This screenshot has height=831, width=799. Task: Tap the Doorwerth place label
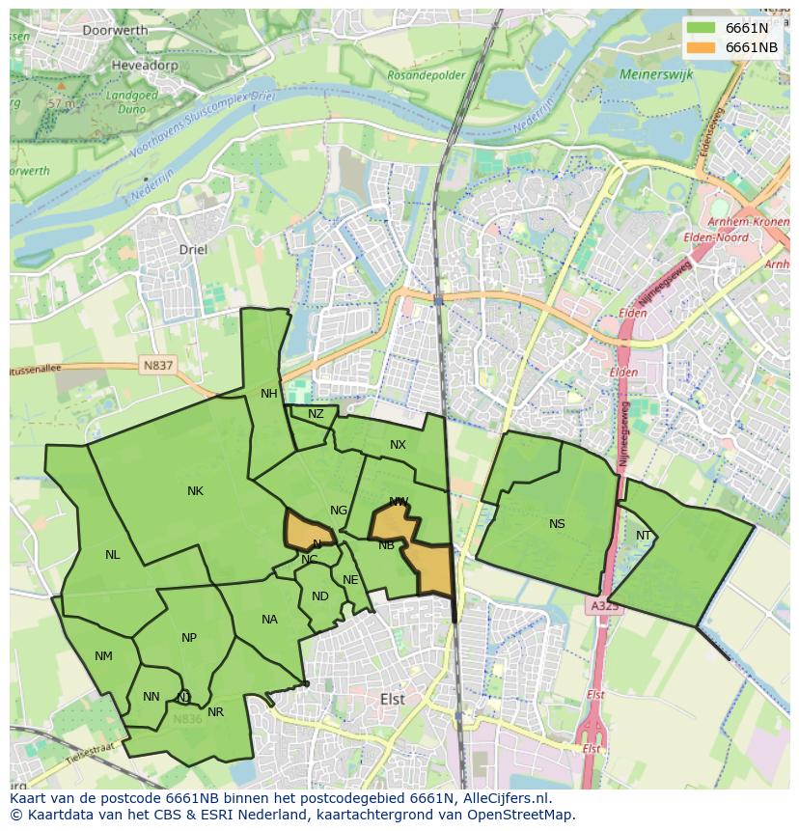tap(115, 30)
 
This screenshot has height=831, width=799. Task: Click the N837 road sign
tap(157, 366)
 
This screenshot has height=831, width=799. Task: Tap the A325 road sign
tap(603, 605)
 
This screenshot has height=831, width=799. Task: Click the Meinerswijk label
tap(656, 73)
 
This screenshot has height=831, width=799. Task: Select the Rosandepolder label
tap(423, 73)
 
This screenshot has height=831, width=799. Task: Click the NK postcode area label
tap(195, 491)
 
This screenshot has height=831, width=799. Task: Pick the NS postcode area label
tap(557, 524)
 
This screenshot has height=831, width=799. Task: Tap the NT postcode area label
tap(644, 536)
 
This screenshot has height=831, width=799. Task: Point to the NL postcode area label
tap(113, 555)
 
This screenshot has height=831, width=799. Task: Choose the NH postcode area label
tap(268, 394)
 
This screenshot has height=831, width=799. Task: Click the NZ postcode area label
tap(316, 414)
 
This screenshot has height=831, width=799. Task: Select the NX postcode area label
tap(398, 445)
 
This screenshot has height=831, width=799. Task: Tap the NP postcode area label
tap(189, 638)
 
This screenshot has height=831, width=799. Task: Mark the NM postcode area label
tap(103, 656)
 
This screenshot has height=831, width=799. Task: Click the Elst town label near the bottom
tap(393, 698)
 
